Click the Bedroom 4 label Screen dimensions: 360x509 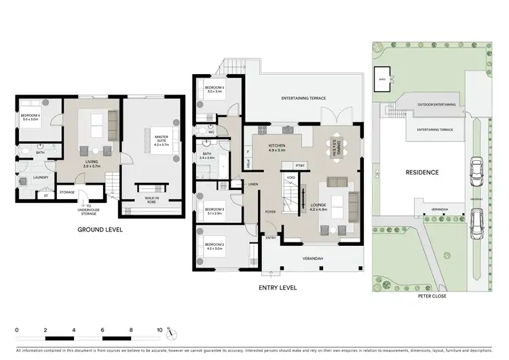[31, 117]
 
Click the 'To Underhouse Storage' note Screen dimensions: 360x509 [90, 211]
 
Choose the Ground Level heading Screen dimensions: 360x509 [99, 230]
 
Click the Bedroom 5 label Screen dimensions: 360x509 [214, 89]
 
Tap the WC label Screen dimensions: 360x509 [211, 132]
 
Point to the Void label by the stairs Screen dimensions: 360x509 [290, 179]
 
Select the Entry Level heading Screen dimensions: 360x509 [278, 287]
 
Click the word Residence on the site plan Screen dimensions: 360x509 [422, 173]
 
